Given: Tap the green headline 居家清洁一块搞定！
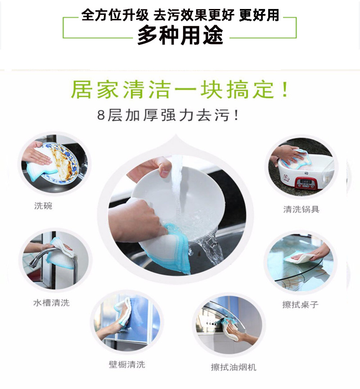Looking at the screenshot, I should click(x=180, y=90).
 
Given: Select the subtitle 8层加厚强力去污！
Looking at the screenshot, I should click(x=167, y=116).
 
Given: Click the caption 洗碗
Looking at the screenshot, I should click(x=43, y=206).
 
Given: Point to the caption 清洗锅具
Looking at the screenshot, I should click(x=301, y=209).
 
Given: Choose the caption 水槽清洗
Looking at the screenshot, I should click(x=51, y=303).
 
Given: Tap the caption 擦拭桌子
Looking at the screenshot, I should click(x=300, y=304).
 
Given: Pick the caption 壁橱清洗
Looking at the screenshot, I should click(x=127, y=364).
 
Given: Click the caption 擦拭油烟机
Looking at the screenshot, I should click(x=234, y=367).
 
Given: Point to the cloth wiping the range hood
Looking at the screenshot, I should click(x=232, y=326).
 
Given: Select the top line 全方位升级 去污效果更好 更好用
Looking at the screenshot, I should click(x=180, y=15).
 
